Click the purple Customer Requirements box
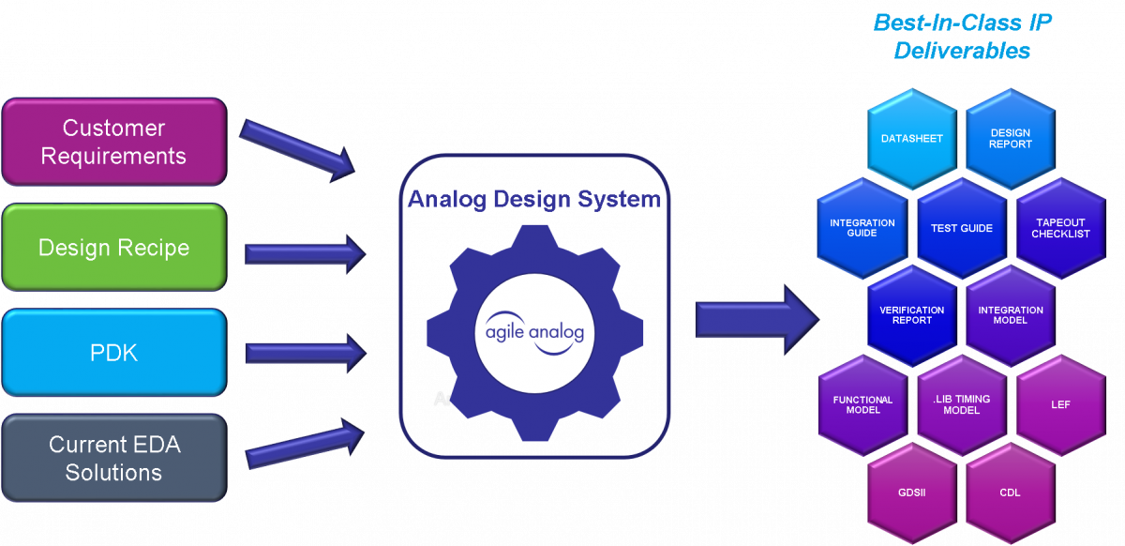coord(113,142)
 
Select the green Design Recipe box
coord(113,248)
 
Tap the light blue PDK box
coord(113,353)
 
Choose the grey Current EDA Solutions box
coord(113,458)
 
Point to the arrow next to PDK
coord(305,353)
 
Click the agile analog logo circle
coord(534,332)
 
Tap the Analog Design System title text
coord(534,200)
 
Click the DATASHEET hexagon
coord(911,139)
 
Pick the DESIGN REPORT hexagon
coord(1010,139)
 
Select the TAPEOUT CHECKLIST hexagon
coord(1060,228)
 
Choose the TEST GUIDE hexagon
coord(961,228)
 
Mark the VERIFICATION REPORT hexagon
coord(911,315)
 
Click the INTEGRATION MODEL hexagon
coord(1010,315)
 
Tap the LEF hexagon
coord(1060,404)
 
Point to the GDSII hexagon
coord(911,493)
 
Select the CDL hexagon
coord(1010,493)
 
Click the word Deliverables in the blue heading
coord(962,51)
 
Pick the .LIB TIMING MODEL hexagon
coord(961,404)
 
